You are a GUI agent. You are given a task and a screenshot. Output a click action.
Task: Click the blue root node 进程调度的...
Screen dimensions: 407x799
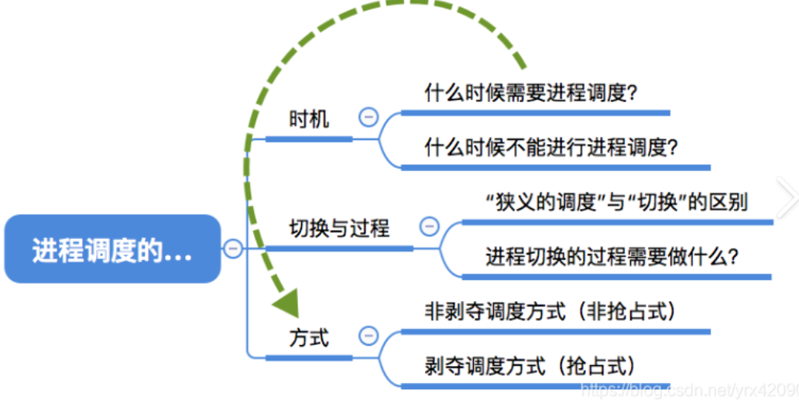click(112, 249)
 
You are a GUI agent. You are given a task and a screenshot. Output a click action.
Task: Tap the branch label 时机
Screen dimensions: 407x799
click(308, 119)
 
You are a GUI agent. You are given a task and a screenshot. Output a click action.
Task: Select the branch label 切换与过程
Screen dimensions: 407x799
click(339, 228)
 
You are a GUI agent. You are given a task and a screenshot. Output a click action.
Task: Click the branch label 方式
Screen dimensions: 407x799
click(308, 338)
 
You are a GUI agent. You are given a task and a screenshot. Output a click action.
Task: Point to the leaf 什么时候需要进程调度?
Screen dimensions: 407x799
click(530, 94)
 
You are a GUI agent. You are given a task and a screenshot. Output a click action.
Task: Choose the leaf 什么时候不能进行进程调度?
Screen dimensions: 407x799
click(551, 147)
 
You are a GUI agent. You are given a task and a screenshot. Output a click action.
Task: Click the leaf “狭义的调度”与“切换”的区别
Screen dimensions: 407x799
click(616, 203)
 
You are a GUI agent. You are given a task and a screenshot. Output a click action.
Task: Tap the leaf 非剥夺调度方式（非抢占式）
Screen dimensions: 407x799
click(550, 312)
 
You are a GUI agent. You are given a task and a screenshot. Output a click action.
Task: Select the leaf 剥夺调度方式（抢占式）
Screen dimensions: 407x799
click(530, 365)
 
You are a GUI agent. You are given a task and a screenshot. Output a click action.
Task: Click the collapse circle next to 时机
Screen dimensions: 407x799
click(369, 118)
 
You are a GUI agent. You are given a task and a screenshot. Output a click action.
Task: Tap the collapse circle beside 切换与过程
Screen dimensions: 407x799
click(428, 227)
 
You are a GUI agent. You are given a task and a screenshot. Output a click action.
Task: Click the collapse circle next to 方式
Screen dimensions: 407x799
click(369, 337)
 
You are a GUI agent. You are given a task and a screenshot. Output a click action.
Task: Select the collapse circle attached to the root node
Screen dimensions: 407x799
click(232, 248)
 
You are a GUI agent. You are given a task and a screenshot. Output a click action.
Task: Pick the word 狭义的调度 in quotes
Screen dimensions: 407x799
click(533, 203)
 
